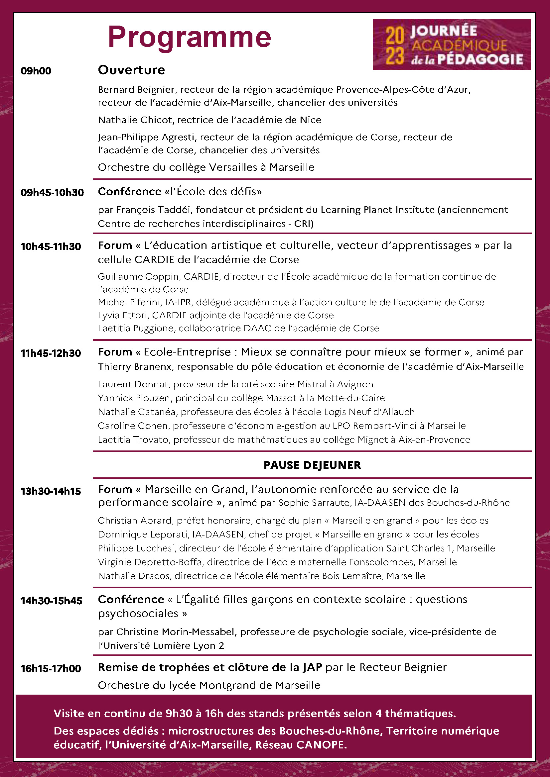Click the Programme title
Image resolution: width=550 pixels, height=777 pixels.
click(x=189, y=37)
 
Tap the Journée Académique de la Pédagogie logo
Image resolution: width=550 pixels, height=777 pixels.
click(x=452, y=45)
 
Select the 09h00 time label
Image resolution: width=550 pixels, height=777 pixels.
click(x=36, y=71)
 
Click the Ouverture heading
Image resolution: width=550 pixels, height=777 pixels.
click(x=131, y=70)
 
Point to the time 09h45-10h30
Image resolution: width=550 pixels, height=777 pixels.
click(x=52, y=193)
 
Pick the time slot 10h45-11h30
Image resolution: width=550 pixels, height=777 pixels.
click(x=51, y=246)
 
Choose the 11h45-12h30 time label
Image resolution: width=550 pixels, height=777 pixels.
click(x=51, y=353)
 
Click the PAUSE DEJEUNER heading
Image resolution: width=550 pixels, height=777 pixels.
click(x=312, y=465)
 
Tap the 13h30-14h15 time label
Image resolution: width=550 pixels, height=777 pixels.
click(x=51, y=491)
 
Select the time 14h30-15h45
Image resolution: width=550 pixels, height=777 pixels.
click(x=52, y=601)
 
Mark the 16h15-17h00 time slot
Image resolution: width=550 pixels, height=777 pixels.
click(x=51, y=668)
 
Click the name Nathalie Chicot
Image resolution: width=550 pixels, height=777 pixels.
click(x=135, y=120)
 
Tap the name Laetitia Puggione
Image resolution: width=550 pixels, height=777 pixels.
click(x=136, y=328)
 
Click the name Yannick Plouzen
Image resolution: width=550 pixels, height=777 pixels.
click(x=134, y=398)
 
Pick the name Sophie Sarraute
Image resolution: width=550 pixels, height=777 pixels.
click(x=314, y=503)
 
